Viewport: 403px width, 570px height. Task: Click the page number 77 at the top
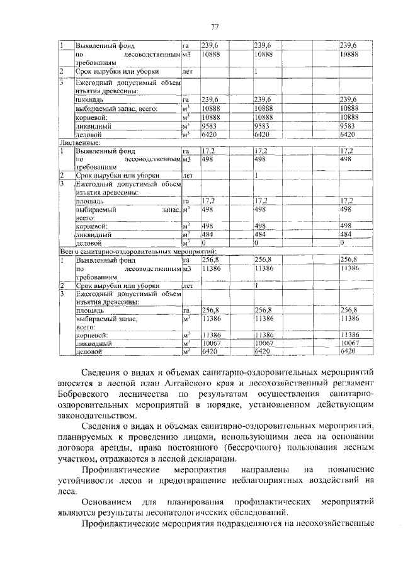pyautogui.click(x=214, y=26)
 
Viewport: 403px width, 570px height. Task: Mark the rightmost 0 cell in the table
pyautogui.click(x=341, y=242)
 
